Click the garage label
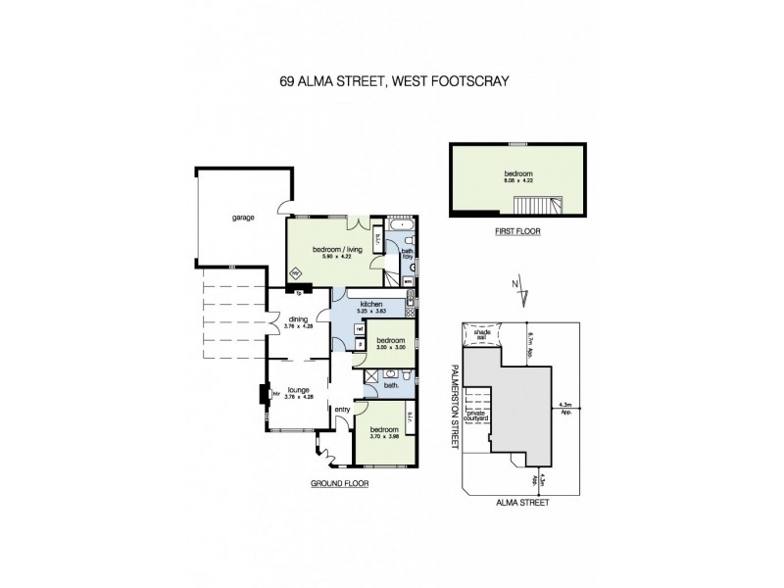243,218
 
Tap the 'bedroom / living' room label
338,250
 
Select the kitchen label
370,305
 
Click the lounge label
297,389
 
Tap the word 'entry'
342,410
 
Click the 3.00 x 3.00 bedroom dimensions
391,348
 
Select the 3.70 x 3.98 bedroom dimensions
383,436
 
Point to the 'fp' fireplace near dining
298,292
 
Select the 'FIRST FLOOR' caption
516,232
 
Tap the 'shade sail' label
482,336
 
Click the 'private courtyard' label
476,416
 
